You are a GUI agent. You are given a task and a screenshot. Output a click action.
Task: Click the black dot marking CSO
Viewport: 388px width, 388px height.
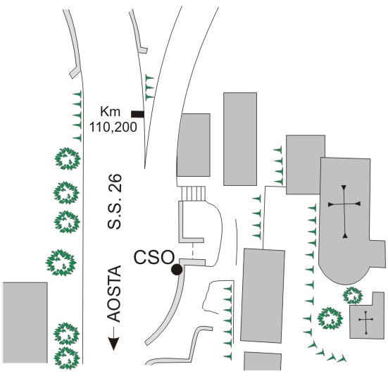pyautogui.click(x=177, y=270)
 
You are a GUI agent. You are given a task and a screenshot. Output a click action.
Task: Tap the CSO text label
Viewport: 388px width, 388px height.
pyautogui.click(x=154, y=257)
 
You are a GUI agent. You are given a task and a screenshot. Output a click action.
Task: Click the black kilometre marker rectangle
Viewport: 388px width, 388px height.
pyautogui.click(x=137, y=114)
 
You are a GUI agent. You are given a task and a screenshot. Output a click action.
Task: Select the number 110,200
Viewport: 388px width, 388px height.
pyautogui.click(x=113, y=127)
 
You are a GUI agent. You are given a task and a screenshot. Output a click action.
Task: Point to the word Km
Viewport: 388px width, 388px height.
pyautogui.click(x=110, y=111)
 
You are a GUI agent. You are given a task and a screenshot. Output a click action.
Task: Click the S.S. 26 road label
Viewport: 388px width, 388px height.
pyautogui.click(x=115, y=201)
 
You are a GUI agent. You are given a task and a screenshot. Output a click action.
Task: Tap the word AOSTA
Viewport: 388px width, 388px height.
pyautogui.click(x=114, y=294)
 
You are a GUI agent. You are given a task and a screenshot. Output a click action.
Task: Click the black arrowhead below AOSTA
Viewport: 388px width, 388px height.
pyautogui.click(x=114, y=344)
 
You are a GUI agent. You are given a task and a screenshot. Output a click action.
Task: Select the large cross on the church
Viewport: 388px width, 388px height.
pyautogui.click(x=344, y=211)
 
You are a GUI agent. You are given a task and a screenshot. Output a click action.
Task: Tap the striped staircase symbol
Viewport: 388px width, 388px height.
pyautogui.click(x=194, y=194)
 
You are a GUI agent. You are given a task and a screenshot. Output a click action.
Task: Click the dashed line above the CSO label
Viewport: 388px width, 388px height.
pyautogui.click(x=192, y=251)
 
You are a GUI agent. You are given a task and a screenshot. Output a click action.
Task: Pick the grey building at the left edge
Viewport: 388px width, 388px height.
pyautogui.click(x=25, y=323)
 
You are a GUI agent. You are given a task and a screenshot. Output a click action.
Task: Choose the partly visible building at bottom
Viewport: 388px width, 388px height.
pyautogui.click(x=263, y=361)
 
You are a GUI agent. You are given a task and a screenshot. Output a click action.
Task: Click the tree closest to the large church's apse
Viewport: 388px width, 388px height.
pyautogui.click(x=353, y=295)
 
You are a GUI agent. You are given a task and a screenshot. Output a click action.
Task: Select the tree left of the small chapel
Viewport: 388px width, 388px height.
pyautogui.click(x=330, y=318)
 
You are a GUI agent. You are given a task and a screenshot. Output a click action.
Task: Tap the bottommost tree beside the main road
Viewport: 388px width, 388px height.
pyautogui.click(x=67, y=358)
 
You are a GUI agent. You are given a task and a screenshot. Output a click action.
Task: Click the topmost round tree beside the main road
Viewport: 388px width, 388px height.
pyautogui.click(x=68, y=159)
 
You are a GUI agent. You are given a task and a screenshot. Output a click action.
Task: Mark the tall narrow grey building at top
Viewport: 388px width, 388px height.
pyautogui.click(x=240, y=139)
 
